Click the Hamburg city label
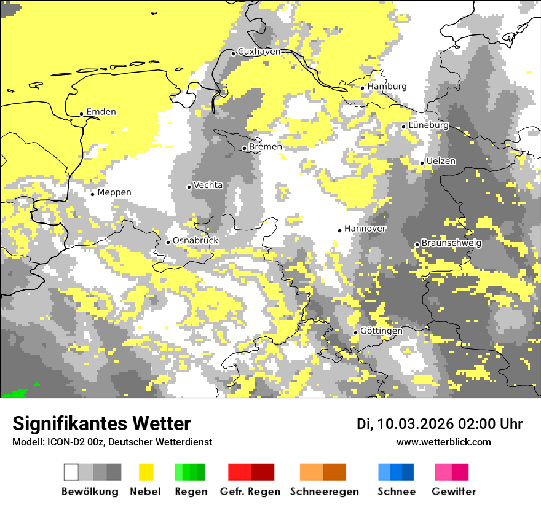(x=387, y=87)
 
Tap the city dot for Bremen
(x=244, y=148)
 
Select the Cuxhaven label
(x=259, y=52)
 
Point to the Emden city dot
(x=81, y=114)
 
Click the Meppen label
(x=114, y=192)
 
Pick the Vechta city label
(x=208, y=185)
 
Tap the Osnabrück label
(x=195, y=240)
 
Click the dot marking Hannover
(x=339, y=230)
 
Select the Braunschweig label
(x=451, y=243)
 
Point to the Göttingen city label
(x=381, y=331)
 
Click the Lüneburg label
(x=428, y=125)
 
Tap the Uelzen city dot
(x=422, y=163)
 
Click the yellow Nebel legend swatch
(x=146, y=472)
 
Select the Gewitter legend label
(x=453, y=492)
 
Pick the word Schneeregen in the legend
(x=324, y=492)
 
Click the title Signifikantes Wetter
(x=101, y=423)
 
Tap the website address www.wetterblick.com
(x=443, y=442)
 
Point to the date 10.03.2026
(x=415, y=424)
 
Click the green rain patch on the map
(x=15, y=393)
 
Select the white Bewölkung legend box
(x=71, y=472)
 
